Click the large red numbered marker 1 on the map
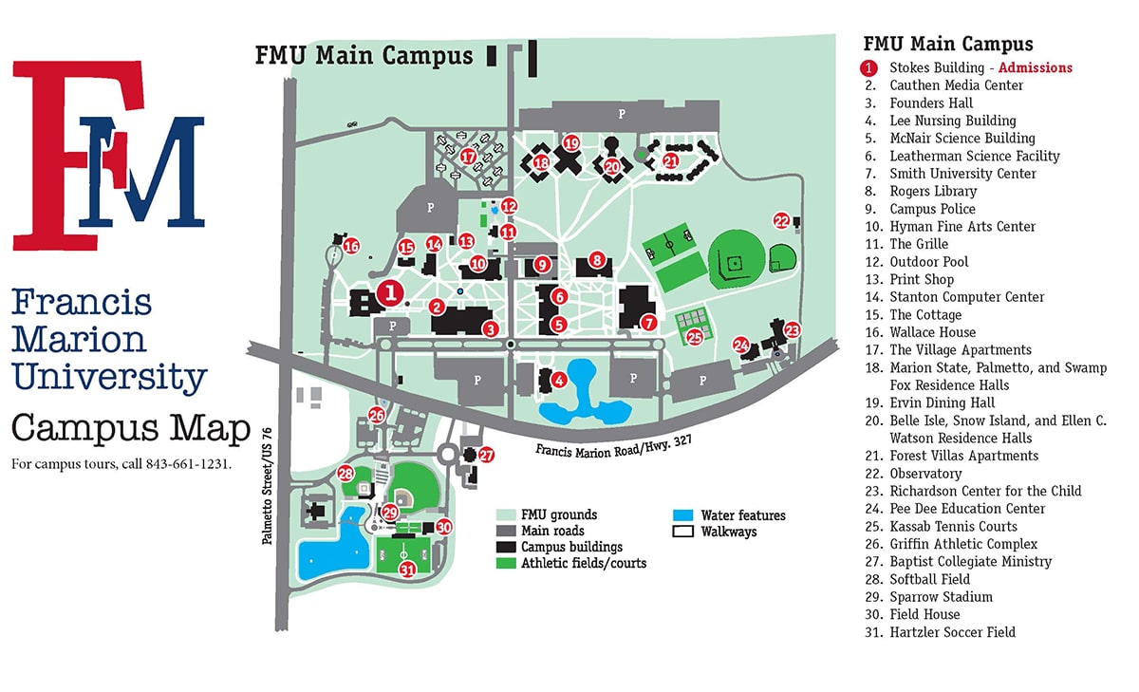(390, 292)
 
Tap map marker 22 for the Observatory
(781, 220)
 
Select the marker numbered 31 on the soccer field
(407, 570)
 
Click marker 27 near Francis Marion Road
(486, 455)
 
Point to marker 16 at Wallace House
(351, 247)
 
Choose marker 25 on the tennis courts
(694, 336)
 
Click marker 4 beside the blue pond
(560, 381)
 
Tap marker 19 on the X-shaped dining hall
(570, 143)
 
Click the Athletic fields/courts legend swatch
(506, 563)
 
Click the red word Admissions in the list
(1036, 67)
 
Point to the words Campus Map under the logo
(130, 429)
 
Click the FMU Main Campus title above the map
(364, 55)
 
